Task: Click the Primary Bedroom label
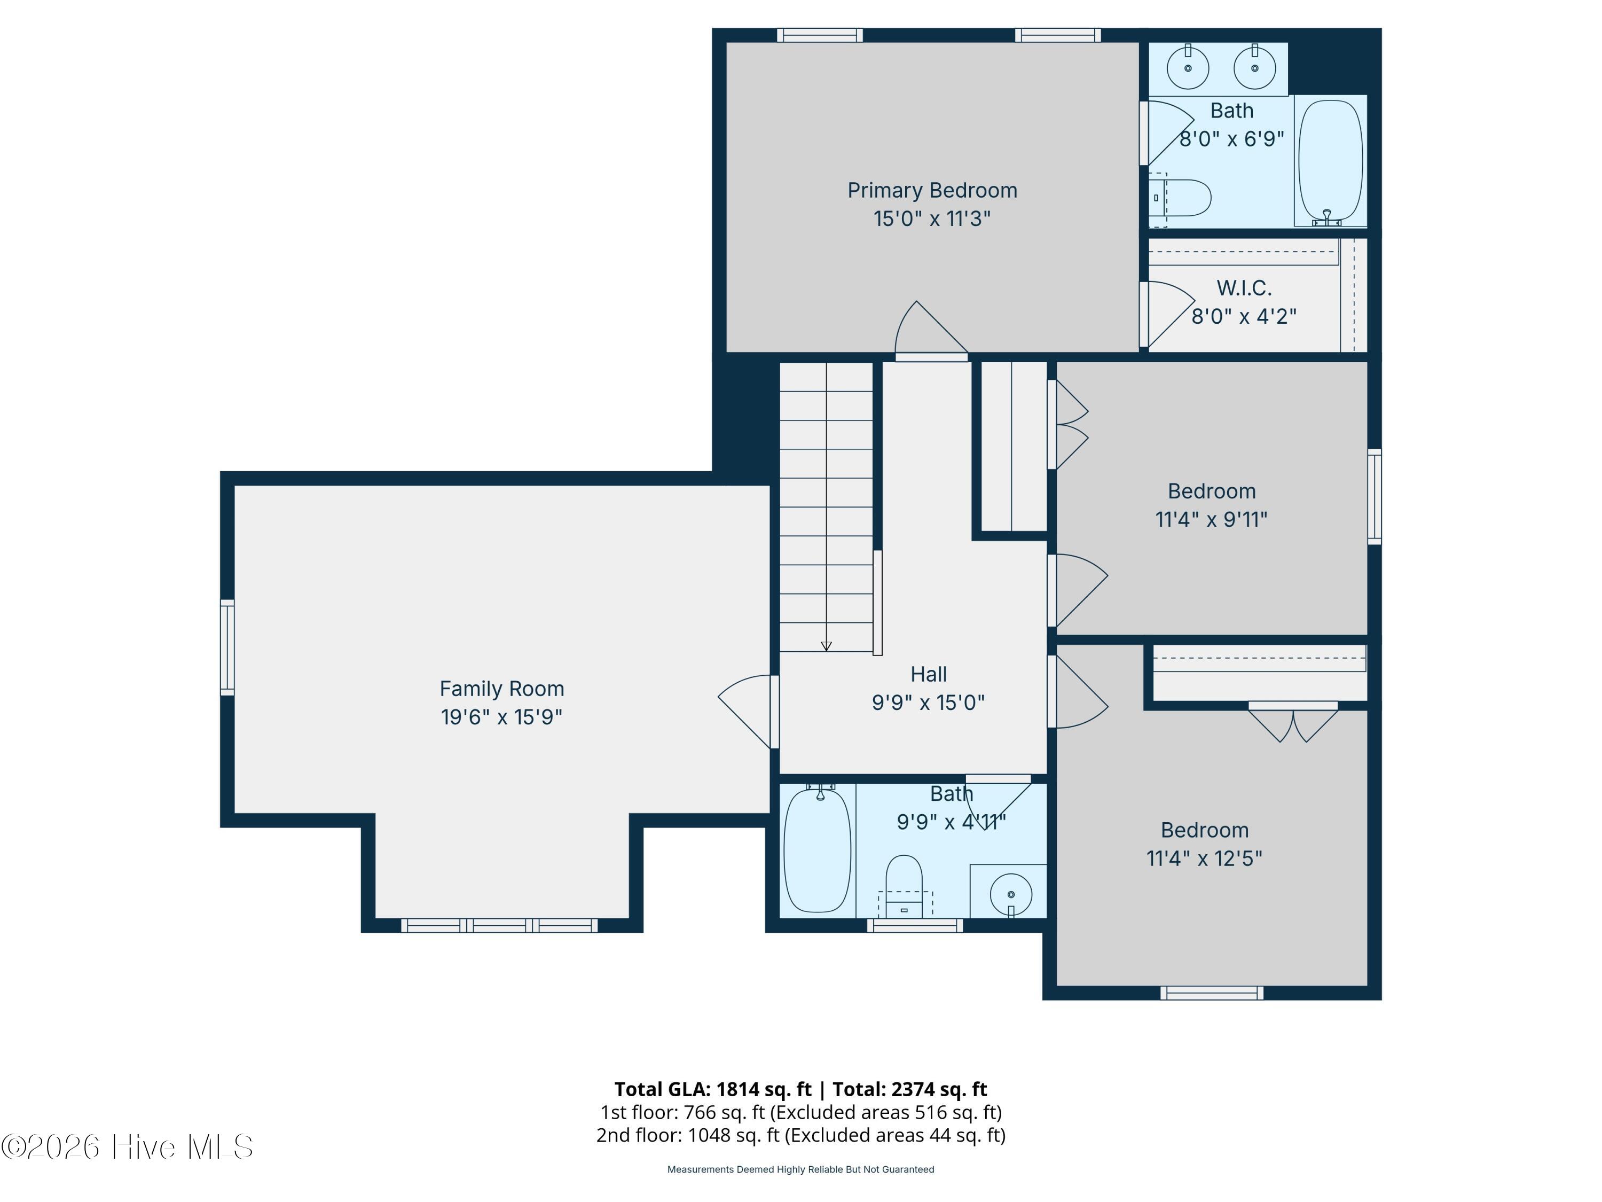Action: pyautogui.click(x=932, y=191)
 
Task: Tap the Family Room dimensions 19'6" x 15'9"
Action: pyautogui.click(x=501, y=716)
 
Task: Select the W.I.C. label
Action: pyautogui.click(x=1244, y=288)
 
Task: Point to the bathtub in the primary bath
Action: pyautogui.click(x=1330, y=161)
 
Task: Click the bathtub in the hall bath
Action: pyautogui.click(x=818, y=850)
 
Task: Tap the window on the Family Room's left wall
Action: pyautogui.click(x=227, y=647)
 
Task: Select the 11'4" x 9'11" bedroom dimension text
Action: pyautogui.click(x=1211, y=519)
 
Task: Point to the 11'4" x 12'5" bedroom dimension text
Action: pyautogui.click(x=1204, y=858)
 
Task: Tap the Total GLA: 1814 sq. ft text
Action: pyautogui.click(x=713, y=1089)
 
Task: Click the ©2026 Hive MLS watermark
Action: pyautogui.click(x=128, y=1147)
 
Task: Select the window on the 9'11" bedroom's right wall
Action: pyautogui.click(x=1375, y=496)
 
